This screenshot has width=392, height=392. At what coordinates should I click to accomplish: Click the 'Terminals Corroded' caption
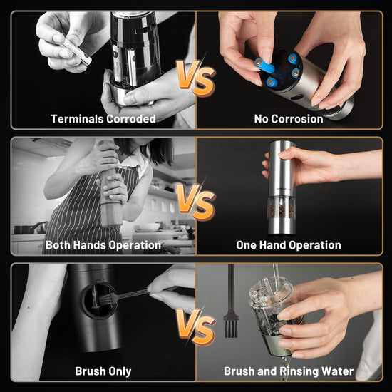point(103,119)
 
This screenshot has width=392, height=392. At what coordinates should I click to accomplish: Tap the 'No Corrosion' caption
point(289,119)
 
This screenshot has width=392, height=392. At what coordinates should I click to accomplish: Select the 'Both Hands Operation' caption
point(103,245)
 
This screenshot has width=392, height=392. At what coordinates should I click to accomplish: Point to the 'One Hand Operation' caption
point(289,245)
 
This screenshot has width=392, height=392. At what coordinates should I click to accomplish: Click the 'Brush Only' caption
point(103,371)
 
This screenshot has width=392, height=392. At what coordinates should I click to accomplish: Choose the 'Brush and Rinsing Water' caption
point(289,371)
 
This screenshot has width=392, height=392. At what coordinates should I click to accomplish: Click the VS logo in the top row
point(196,78)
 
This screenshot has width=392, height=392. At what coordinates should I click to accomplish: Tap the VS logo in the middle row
point(196,202)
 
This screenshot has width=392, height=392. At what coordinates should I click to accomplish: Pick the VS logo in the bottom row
point(196,327)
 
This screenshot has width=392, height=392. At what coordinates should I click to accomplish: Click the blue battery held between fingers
point(264,66)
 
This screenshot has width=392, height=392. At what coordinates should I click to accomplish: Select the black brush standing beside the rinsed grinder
point(231,302)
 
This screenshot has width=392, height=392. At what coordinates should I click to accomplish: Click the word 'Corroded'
point(131,119)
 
